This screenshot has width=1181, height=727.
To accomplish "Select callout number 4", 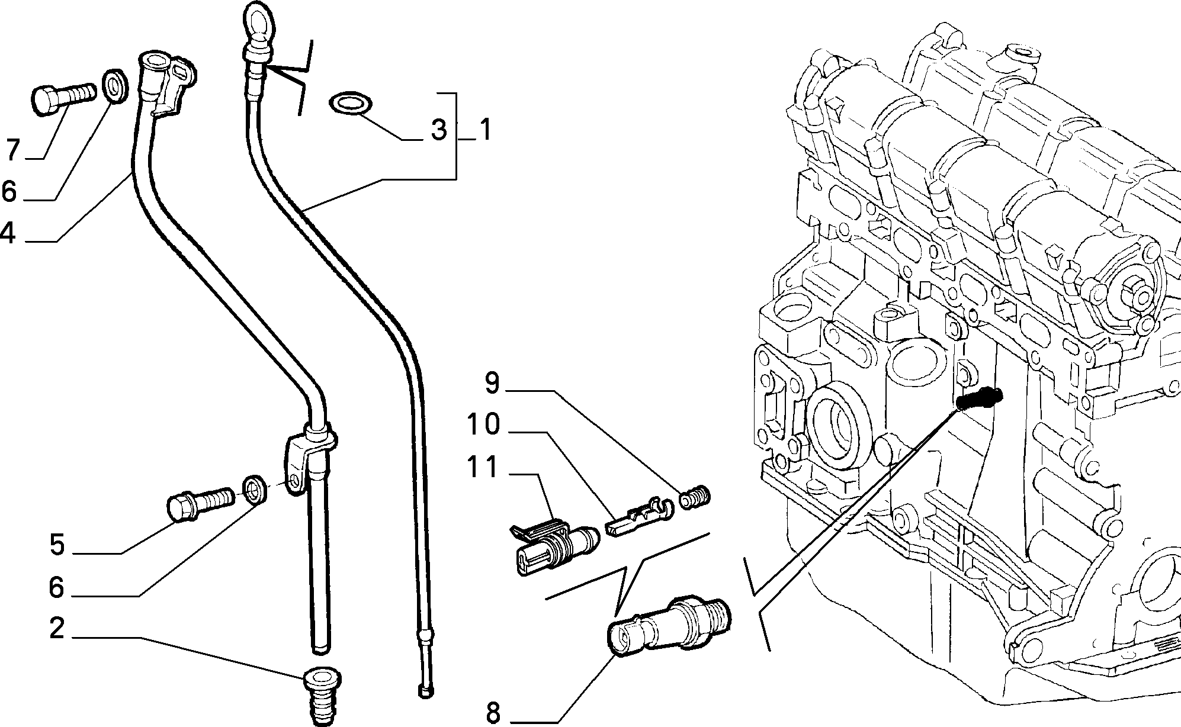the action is [x=7, y=233].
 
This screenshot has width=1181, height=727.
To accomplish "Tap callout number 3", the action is [x=438, y=130].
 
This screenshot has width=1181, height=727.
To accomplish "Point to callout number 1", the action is [x=486, y=130].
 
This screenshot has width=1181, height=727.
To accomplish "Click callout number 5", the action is [x=57, y=545].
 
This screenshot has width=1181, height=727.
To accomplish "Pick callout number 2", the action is [x=57, y=629].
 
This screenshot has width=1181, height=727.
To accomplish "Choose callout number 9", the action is [x=493, y=383].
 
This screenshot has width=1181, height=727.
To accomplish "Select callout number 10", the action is [x=483, y=424].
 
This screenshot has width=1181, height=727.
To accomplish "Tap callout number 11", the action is [x=483, y=467].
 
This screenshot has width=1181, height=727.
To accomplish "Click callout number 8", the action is [x=493, y=713].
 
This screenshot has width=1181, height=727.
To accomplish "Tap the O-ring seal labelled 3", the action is [x=351, y=104].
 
